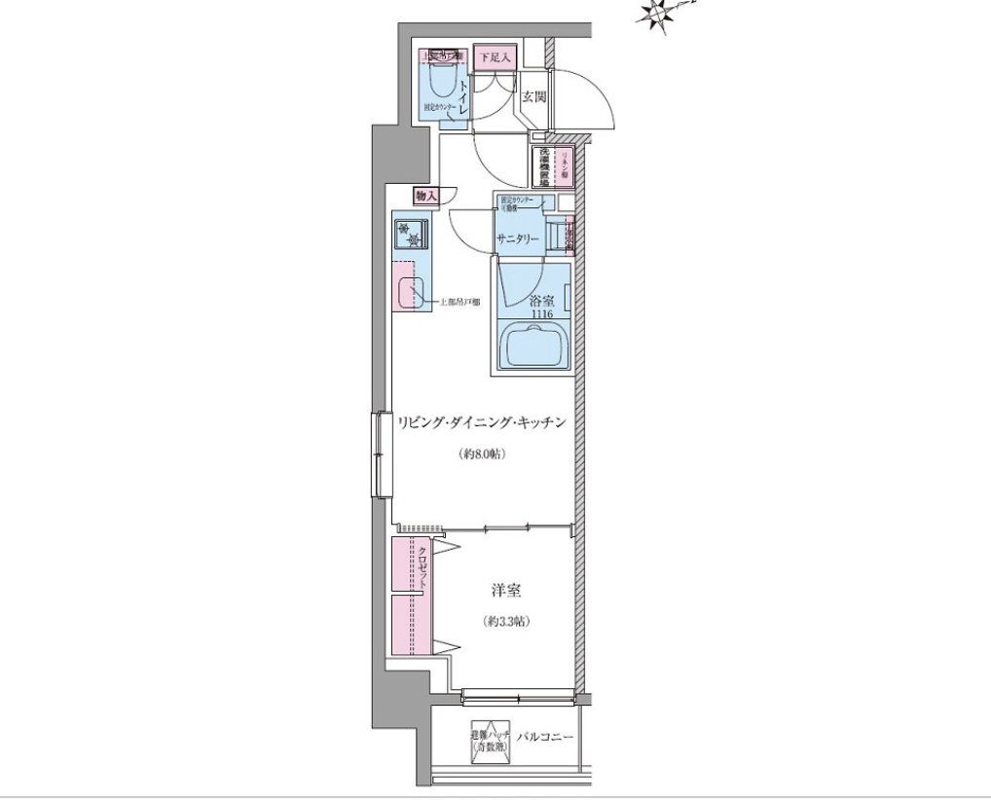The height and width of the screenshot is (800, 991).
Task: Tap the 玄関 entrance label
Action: pos(532,97)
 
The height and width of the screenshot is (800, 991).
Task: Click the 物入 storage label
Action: pos(426,196)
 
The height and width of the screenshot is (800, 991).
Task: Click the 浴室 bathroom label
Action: pos(541,300)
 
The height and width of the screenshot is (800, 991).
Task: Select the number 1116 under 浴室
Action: pos(541,313)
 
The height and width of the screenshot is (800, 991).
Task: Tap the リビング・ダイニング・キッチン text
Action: pos(481,423)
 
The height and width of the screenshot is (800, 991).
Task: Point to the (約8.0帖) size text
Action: pos(481,455)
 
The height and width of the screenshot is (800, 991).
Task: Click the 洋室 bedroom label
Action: pos(505,591)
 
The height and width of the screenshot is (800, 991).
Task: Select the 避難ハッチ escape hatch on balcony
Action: pos(488,743)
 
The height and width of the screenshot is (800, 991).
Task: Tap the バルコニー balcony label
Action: pos(545,737)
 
